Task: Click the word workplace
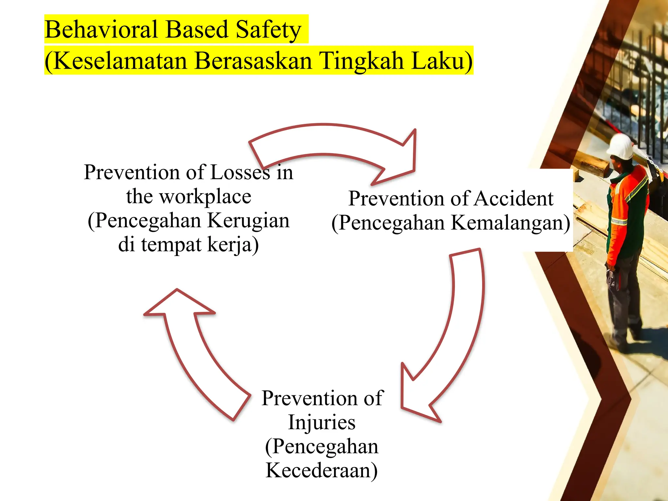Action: click(x=205, y=197)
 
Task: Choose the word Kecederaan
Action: click(x=322, y=470)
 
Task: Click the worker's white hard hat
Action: click(x=621, y=147)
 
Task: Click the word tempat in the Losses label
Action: click(x=171, y=245)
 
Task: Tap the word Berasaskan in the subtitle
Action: click(x=253, y=61)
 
